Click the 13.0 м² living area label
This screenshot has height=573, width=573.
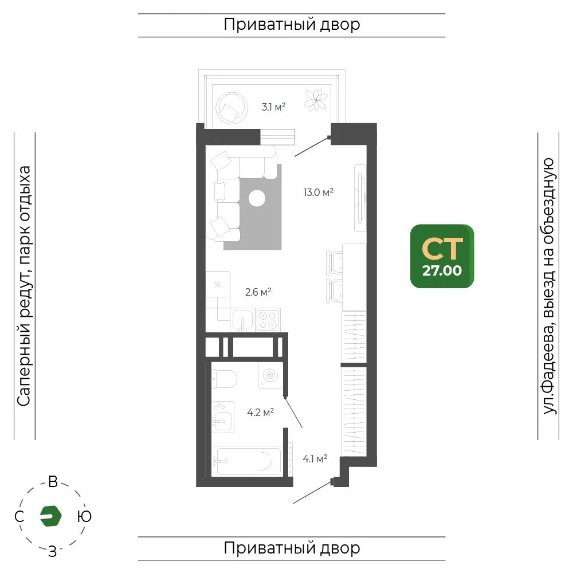(318, 192)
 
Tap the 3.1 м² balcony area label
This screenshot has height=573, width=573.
(273, 107)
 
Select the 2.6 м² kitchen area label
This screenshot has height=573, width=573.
(258, 292)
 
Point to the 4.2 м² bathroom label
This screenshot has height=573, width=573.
(261, 413)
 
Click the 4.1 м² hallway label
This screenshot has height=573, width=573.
(315, 458)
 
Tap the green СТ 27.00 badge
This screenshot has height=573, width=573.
(442, 256)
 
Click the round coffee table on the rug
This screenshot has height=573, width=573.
(257, 198)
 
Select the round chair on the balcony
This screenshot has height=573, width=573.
(231, 108)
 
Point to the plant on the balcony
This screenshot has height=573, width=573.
(315, 100)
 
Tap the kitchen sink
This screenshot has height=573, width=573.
(242, 320)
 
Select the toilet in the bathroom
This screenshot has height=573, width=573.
(224, 379)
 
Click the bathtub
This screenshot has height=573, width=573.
(246, 461)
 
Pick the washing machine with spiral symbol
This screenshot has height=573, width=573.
(270, 375)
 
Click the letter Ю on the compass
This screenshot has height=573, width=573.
(84, 516)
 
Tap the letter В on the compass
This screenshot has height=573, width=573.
(53, 482)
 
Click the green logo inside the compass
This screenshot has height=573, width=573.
(50, 516)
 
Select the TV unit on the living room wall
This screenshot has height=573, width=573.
(360, 198)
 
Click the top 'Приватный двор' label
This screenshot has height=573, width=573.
(292, 25)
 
